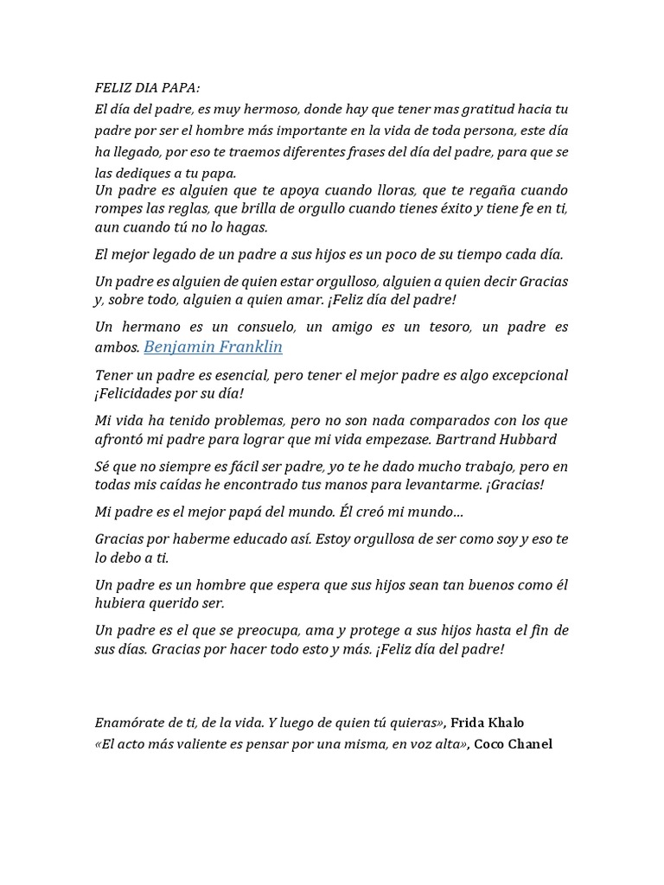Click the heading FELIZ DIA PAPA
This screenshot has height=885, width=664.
(x=146, y=88)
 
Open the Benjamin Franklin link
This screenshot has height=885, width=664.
(x=213, y=347)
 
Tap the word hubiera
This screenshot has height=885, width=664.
(x=120, y=602)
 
